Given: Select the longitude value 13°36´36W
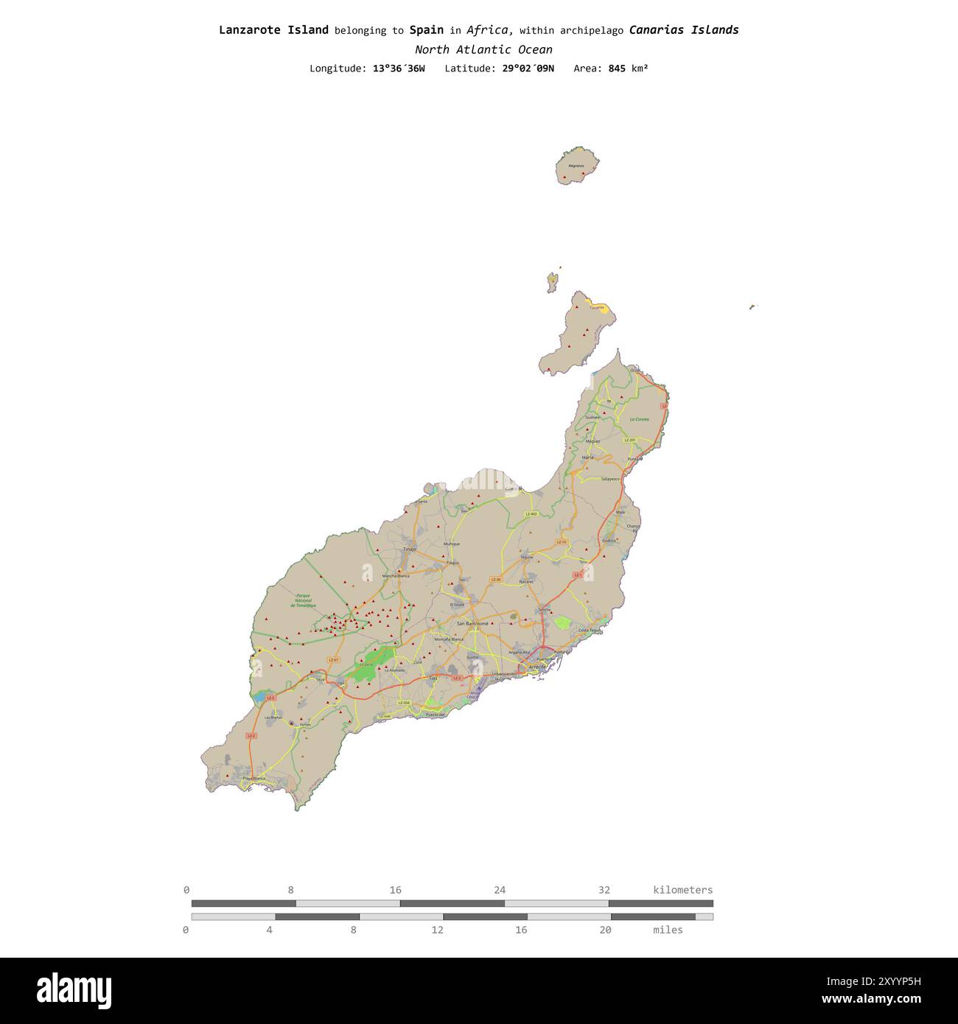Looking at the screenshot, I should tap(399, 69).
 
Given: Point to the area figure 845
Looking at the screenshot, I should tap(617, 69).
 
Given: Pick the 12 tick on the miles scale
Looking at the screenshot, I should tap(438, 930).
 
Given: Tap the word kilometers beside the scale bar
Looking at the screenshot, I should tap(682, 890).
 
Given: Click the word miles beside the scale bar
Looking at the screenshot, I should tap(668, 930).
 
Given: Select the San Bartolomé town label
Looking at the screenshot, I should tap(472, 623).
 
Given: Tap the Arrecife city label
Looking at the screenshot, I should tap(537, 666).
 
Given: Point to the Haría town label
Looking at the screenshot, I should tap(587, 457).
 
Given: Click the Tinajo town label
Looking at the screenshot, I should tap(410, 549).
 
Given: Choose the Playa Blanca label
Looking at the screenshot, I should tap(254, 778).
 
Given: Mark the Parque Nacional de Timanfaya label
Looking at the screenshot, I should tap(302, 600).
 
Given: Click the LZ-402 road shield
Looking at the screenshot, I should tap(531, 513).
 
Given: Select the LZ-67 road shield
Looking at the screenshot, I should tap(333, 659).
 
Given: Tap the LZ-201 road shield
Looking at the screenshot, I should tap(629, 440).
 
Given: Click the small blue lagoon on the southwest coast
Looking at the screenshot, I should tap(259, 695).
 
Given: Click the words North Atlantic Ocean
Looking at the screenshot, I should tap(483, 49).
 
